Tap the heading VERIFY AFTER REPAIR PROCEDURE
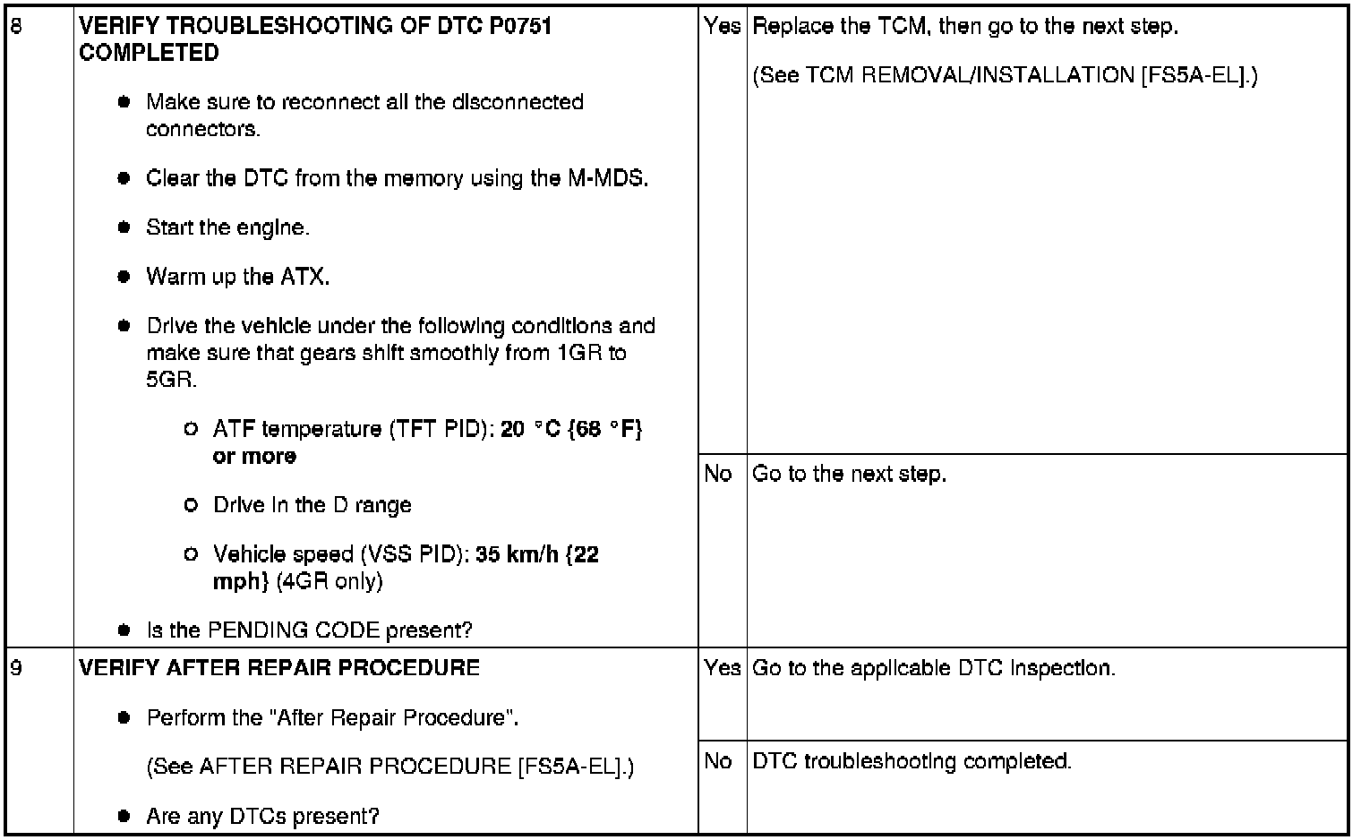(279, 668)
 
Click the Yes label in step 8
(722, 26)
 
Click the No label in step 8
(718, 474)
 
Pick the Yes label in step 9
(722, 668)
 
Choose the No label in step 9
(718, 761)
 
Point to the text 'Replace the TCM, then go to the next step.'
(965, 26)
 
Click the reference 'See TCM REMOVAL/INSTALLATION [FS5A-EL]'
(1005, 75)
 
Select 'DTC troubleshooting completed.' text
(912, 761)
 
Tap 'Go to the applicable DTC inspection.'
(934, 668)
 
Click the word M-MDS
(606, 178)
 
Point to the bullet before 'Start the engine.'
(124, 227)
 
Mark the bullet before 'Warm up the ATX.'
(124, 277)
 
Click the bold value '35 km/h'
(518, 554)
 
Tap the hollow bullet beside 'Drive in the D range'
(190, 505)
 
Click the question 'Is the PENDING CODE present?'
(309, 630)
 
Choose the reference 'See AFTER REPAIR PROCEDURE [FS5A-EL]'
(389, 767)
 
